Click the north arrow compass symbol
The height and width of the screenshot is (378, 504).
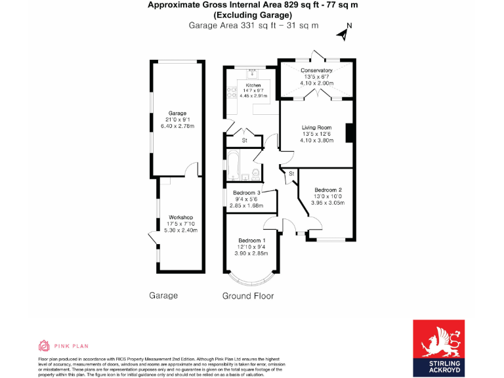(344, 32)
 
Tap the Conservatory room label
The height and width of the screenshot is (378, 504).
(316, 70)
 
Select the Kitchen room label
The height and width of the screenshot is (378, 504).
(253, 85)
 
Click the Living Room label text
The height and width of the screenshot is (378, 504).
(316, 127)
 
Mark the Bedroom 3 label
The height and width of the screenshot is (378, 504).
(246, 193)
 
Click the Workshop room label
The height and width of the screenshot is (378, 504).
(180, 217)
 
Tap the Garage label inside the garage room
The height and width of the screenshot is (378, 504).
(177, 113)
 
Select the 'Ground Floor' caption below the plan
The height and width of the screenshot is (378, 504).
(247, 296)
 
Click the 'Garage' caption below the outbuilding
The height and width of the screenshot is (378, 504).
(163, 296)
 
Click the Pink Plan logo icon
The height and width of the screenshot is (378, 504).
(45, 346)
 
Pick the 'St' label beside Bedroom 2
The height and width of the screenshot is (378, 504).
(291, 174)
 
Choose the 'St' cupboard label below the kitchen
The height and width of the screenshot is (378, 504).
(244, 140)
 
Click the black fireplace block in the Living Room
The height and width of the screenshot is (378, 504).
(350, 132)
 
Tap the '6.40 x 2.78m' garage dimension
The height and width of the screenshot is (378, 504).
(177, 126)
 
